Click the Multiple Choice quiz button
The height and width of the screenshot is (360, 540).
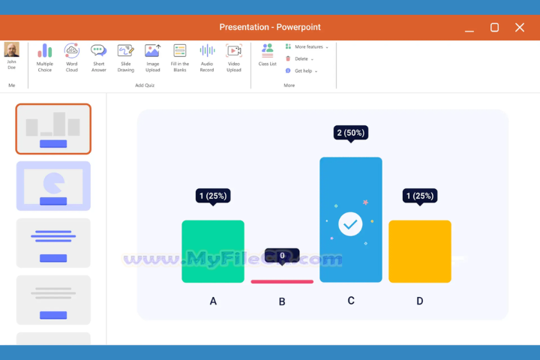point(45,58)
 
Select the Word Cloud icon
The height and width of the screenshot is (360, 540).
point(72,58)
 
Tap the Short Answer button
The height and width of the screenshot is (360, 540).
point(99,58)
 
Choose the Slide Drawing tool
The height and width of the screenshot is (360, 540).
point(126,58)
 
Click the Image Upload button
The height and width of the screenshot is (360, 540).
point(153,58)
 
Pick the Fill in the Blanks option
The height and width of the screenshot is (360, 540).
point(180,58)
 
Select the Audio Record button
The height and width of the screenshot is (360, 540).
point(207,58)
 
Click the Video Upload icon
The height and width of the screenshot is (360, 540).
point(234,58)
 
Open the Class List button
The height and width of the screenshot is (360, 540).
point(267,55)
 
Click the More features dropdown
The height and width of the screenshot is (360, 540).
point(307,46)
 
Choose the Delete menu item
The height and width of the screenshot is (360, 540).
point(301,58)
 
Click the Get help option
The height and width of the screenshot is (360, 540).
point(303,70)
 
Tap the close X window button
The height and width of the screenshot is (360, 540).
point(520,27)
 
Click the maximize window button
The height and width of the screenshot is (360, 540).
point(494,27)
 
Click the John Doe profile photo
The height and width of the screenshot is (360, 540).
point(12,50)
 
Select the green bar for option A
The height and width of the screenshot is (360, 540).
point(213,251)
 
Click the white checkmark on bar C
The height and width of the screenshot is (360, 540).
point(350,223)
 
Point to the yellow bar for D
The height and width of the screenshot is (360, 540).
point(419,251)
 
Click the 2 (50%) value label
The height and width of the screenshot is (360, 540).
point(350,133)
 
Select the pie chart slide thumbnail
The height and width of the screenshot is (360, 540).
point(53,185)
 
